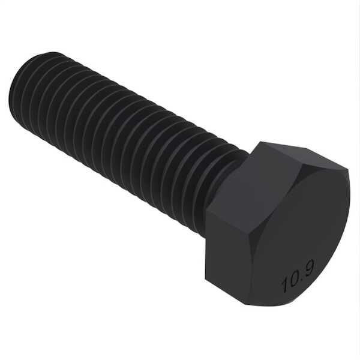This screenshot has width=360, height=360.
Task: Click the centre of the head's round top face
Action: coord(294,234)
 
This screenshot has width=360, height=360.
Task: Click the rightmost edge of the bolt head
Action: coord(349,198)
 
